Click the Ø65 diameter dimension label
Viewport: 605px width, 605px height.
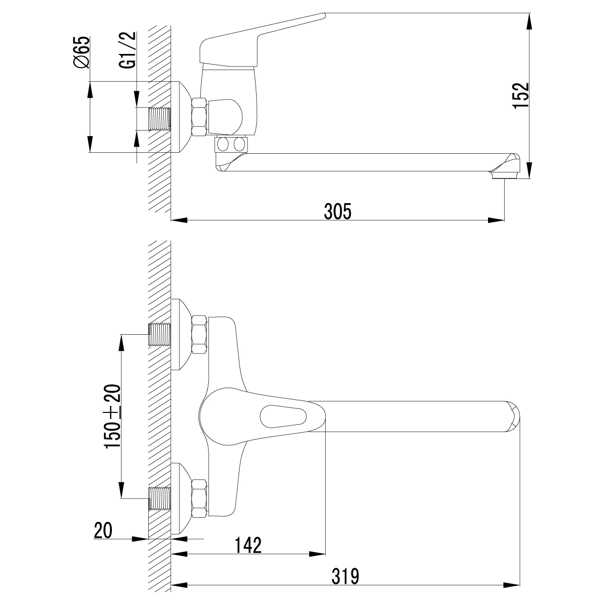[81, 52]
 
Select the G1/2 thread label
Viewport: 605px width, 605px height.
[128, 50]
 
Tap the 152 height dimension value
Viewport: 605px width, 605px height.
[520, 96]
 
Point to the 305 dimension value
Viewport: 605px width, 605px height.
[337, 211]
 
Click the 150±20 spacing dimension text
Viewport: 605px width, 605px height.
[112, 416]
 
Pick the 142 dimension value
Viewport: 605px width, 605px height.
[248, 545]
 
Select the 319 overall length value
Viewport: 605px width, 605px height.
[345, 576]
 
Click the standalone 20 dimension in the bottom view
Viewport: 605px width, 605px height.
[103, 530]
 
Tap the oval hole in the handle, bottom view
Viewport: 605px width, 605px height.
[283, 416]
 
